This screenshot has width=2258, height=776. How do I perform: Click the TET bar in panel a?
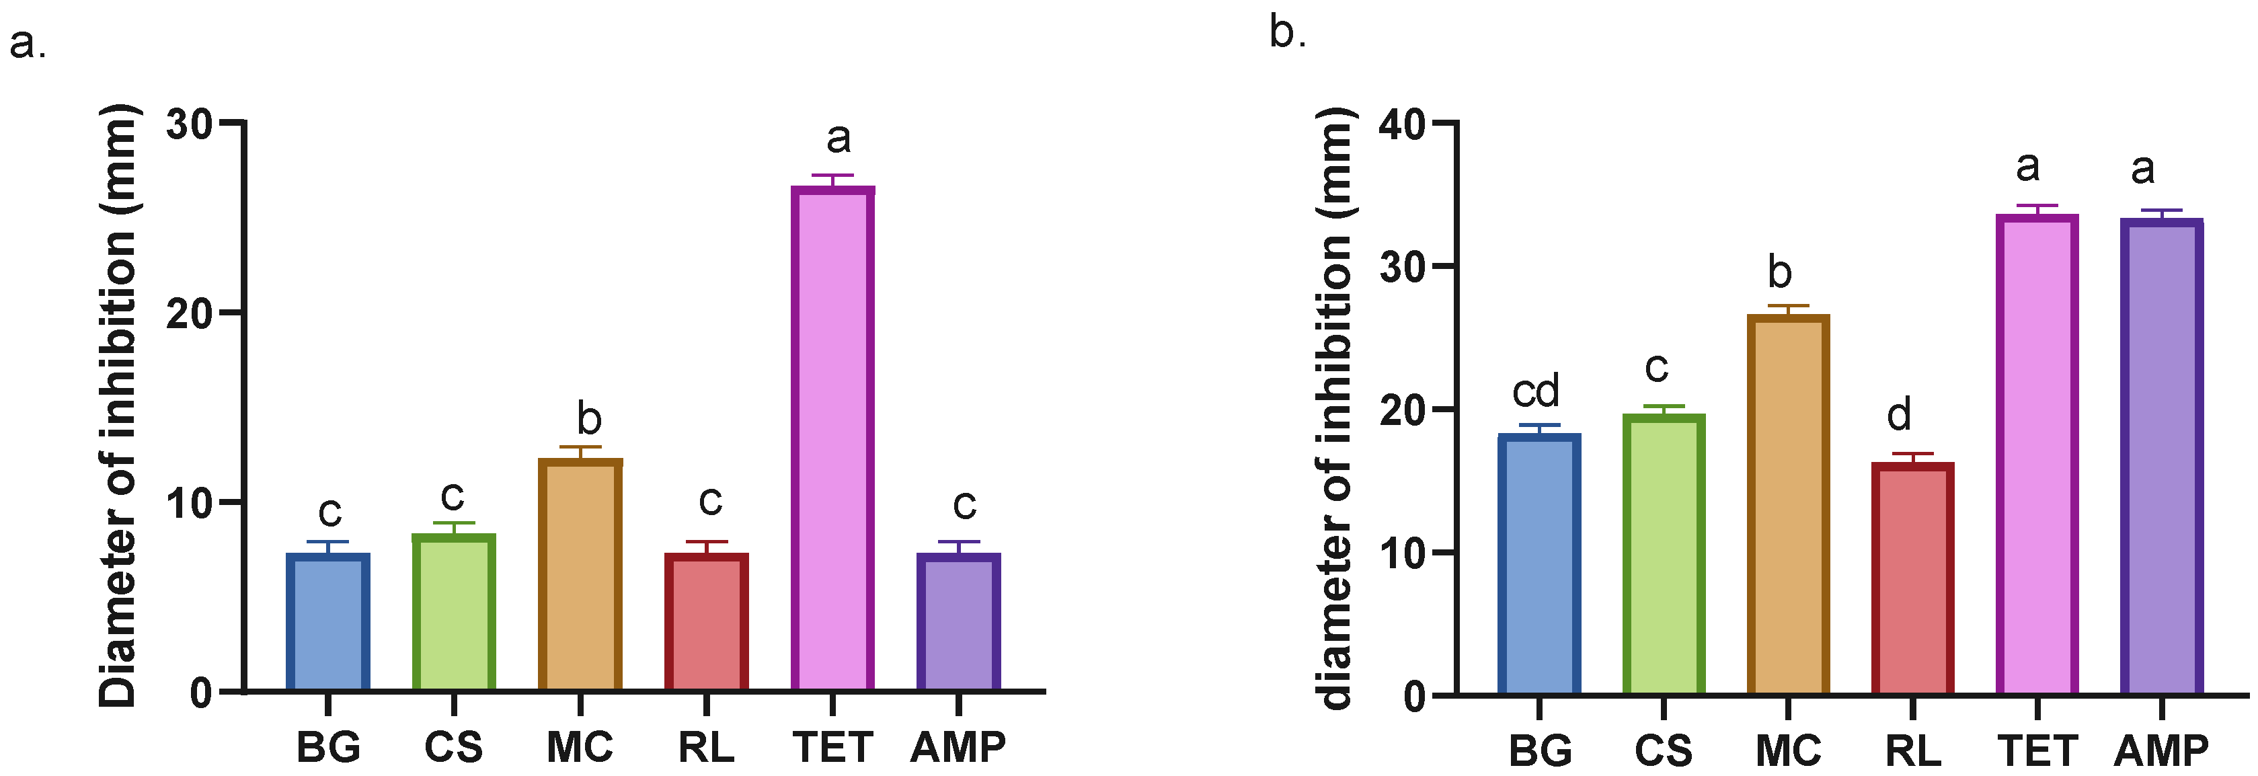tap(832, 438)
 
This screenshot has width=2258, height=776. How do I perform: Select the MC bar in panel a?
tap(580, 575)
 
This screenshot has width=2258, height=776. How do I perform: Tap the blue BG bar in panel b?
tap(1539, 565)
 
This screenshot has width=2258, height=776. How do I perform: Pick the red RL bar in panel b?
tap(1912, 579)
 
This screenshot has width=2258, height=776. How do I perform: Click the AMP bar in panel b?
tap(2162, 456)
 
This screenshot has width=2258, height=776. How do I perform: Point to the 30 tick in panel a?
tap(190, 124)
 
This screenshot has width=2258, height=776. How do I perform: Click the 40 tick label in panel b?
tap(1404, 124)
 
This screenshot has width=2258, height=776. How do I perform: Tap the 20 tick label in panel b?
tap(1404, 410)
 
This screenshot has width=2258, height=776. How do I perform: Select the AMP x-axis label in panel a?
tap(958, 748)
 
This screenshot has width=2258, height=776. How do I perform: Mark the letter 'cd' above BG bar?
tap(1536, 391)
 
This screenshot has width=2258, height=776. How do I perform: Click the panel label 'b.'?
tap(1288, 34)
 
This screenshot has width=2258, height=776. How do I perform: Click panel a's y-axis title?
tap(118, 405)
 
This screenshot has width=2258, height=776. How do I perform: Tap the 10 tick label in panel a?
tap(190, 503)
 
